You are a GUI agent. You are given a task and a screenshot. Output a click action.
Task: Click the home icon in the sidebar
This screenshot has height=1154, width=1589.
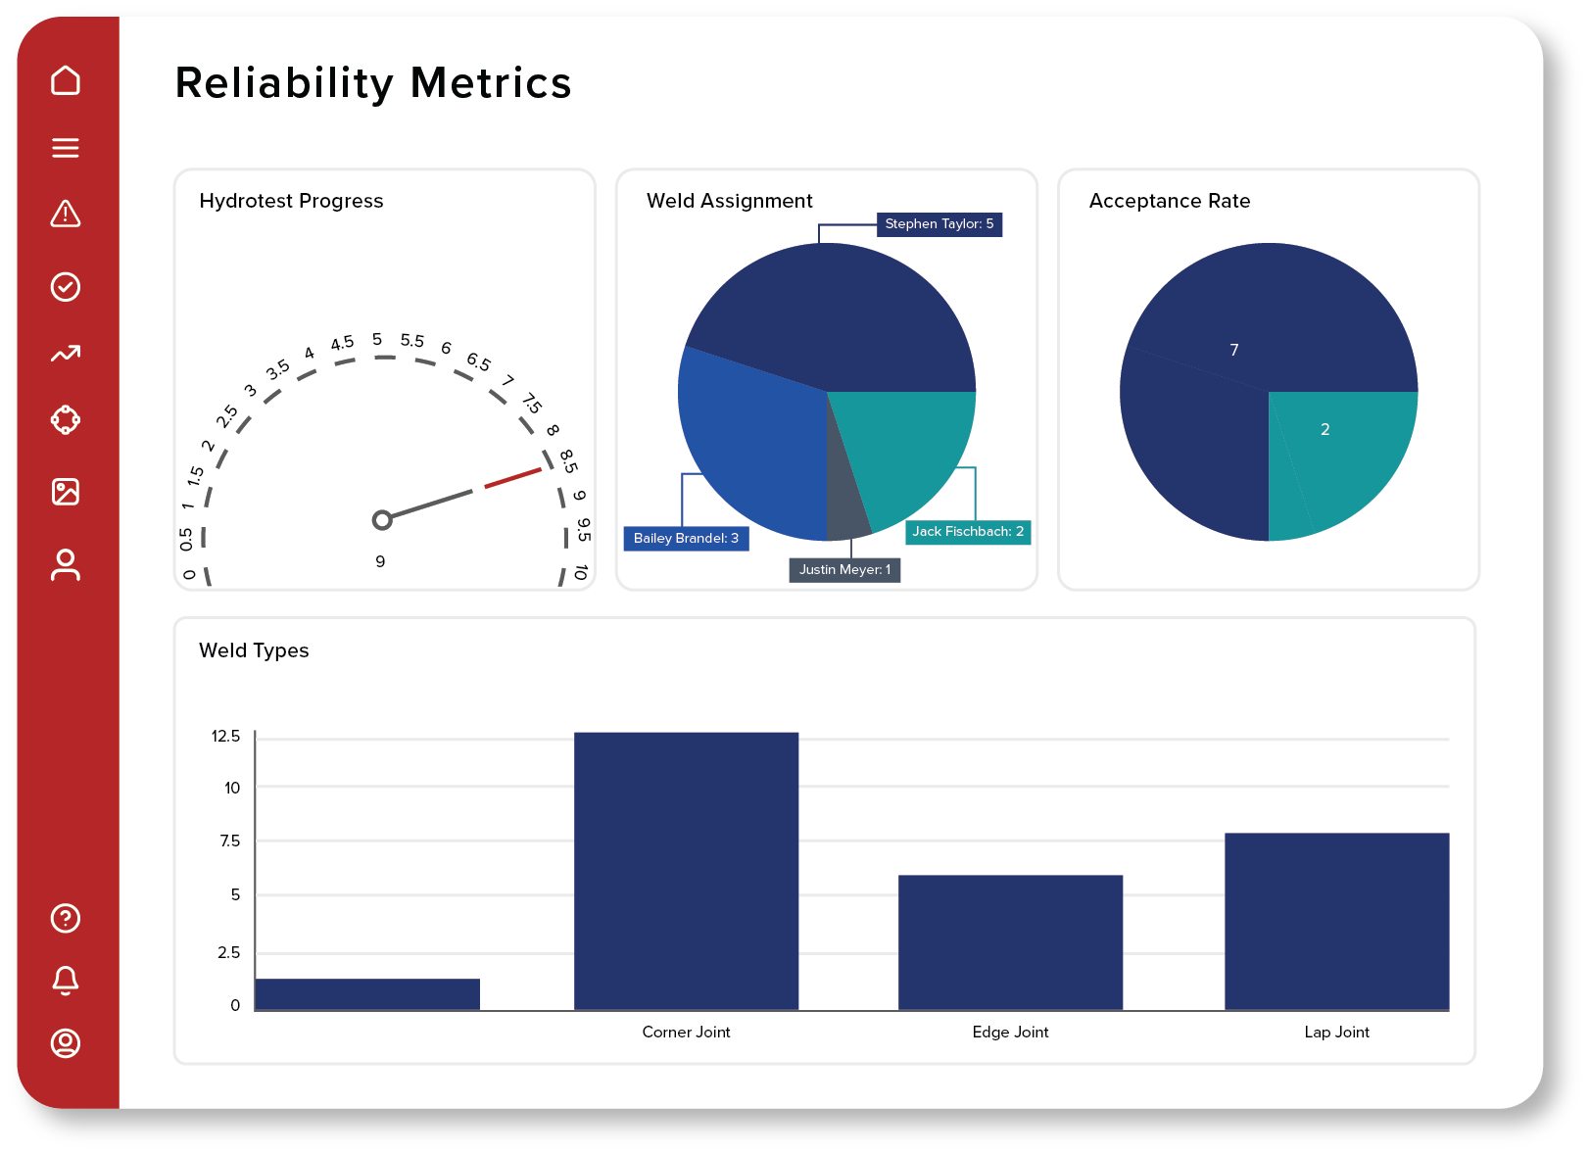[66, 80]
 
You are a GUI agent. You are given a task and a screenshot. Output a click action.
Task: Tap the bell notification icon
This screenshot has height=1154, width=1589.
[66, 980]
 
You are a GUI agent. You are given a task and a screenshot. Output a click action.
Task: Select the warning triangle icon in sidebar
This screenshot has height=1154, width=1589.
[66, 214]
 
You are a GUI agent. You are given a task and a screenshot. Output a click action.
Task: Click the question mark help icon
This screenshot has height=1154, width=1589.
[66, 918]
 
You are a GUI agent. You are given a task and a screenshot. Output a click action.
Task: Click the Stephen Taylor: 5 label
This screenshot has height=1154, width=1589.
[939, 224]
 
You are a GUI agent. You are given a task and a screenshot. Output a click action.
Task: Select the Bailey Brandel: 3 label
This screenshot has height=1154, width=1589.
[686, 538]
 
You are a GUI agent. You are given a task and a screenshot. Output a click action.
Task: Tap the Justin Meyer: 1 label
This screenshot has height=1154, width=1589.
[844, 569]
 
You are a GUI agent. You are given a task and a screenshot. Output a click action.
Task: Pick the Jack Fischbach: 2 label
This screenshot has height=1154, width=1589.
[968, 531]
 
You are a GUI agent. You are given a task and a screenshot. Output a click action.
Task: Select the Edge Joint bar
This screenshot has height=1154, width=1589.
[1010, 941]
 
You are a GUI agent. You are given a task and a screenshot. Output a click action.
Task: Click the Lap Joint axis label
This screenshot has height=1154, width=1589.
[1336, 1032]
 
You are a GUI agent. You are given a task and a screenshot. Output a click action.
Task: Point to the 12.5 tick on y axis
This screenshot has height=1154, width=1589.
[225, 736]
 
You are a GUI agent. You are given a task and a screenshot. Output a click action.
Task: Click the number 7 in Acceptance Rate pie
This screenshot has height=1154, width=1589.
[1234, 350]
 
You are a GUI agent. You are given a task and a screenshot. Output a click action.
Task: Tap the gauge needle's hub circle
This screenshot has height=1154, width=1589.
[382, 520]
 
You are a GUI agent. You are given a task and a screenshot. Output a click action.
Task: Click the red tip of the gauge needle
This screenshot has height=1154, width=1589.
[513, 478]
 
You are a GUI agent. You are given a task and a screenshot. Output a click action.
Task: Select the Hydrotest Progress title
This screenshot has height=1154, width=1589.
[291, 201]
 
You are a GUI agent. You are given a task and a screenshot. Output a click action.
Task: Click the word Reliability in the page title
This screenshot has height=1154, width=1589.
[284, 83]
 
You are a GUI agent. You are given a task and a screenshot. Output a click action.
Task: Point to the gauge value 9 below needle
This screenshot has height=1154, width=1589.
[380, 561]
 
